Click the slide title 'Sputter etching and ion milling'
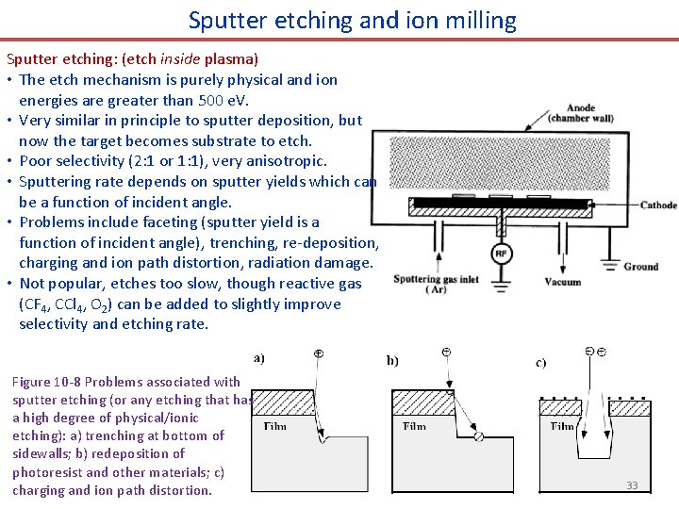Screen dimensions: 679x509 352,20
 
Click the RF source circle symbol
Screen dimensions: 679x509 502,254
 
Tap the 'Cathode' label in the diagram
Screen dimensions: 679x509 658,205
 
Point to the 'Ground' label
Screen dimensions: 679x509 640,267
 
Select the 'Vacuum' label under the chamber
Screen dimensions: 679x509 562,282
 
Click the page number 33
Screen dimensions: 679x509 632,485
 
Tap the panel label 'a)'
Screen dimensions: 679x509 259,357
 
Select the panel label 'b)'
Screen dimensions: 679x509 392,360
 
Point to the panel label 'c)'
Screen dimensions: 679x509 540,362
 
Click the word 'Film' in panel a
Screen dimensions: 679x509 275,426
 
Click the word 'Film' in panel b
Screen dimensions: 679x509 414,426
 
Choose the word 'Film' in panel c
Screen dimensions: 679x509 562,426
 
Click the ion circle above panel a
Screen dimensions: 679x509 318,353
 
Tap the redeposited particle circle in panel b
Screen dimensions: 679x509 478,436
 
